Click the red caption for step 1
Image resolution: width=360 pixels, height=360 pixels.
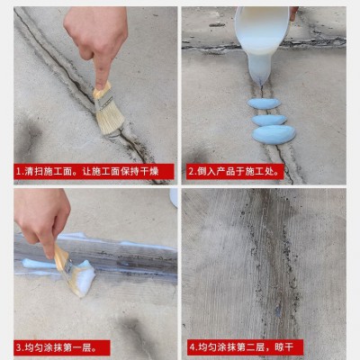click(94, 172)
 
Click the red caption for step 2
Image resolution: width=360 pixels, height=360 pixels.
click(235, 172)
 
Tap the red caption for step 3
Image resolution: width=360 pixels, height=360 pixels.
click(62, 348)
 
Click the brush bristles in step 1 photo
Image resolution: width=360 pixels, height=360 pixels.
click(111, 119)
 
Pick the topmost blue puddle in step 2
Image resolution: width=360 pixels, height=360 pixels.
click(264, 103)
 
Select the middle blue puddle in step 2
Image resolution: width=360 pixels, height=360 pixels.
click(269, 121)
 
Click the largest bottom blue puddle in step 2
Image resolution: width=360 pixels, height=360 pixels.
click(274, 135)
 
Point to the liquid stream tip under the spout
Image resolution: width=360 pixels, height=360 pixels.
click(261, 85)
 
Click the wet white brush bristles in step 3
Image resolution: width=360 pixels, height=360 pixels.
click(84, 277)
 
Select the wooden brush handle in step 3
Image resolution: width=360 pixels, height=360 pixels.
click(60, 255)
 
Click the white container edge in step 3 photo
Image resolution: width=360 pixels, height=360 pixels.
click(174, 198)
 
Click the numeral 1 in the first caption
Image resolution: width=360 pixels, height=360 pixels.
click(18, 172)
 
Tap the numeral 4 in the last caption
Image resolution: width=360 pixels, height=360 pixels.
click(193, 348)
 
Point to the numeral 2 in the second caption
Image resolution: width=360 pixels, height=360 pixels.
click(192, 172)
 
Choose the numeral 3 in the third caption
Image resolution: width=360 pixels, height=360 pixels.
click(19, 348)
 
